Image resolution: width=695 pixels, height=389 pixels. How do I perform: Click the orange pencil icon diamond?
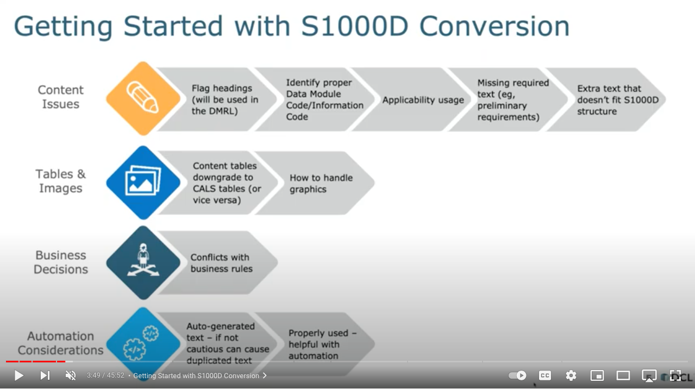[143, 98]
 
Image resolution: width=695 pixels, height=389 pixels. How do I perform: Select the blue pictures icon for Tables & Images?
[143, 182]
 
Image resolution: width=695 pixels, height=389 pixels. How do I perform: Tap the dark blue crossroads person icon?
[143, 262]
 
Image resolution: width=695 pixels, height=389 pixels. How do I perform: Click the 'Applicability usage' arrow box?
[423, 100]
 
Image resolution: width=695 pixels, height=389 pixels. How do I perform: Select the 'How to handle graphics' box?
[321, 184]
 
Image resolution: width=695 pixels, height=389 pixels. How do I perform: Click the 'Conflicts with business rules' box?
[221, 263]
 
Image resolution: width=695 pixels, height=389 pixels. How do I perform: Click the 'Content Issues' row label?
[60, 97]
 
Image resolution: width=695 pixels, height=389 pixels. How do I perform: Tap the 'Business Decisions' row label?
[60, 262]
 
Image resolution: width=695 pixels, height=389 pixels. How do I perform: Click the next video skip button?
[45, 375]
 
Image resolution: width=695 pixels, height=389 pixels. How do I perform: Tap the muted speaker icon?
[71, 375]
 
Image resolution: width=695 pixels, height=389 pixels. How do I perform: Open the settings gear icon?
[571, 375]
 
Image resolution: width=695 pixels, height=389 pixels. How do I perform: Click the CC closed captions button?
[544, 375]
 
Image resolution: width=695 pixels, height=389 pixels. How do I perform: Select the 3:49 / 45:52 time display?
[105, 375]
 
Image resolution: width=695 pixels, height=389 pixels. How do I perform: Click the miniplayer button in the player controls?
[597, 375]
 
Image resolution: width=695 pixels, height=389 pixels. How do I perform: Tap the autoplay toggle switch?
[517, 375]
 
